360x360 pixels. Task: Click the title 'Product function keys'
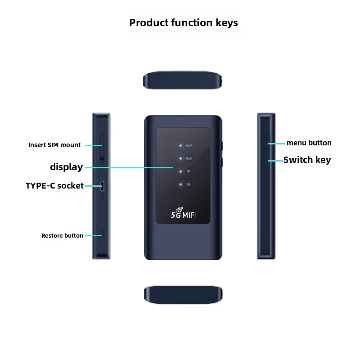184,22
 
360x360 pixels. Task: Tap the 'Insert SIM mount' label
54,145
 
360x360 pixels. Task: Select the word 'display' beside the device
66,167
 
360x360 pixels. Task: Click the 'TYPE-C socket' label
54,185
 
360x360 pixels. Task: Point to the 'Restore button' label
62,235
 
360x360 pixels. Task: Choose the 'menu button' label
309,143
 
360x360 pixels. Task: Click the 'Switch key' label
307,160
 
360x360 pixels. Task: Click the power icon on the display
188,184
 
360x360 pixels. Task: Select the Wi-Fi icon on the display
188,171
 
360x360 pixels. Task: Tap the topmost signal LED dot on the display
180,146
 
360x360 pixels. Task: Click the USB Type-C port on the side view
103,185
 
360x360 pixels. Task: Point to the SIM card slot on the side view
102,147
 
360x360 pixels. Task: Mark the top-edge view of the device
183,80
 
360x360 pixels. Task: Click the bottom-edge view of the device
183,295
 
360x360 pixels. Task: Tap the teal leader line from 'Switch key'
275,160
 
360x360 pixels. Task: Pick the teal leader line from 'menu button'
277,144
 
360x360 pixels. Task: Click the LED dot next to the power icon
180,184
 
